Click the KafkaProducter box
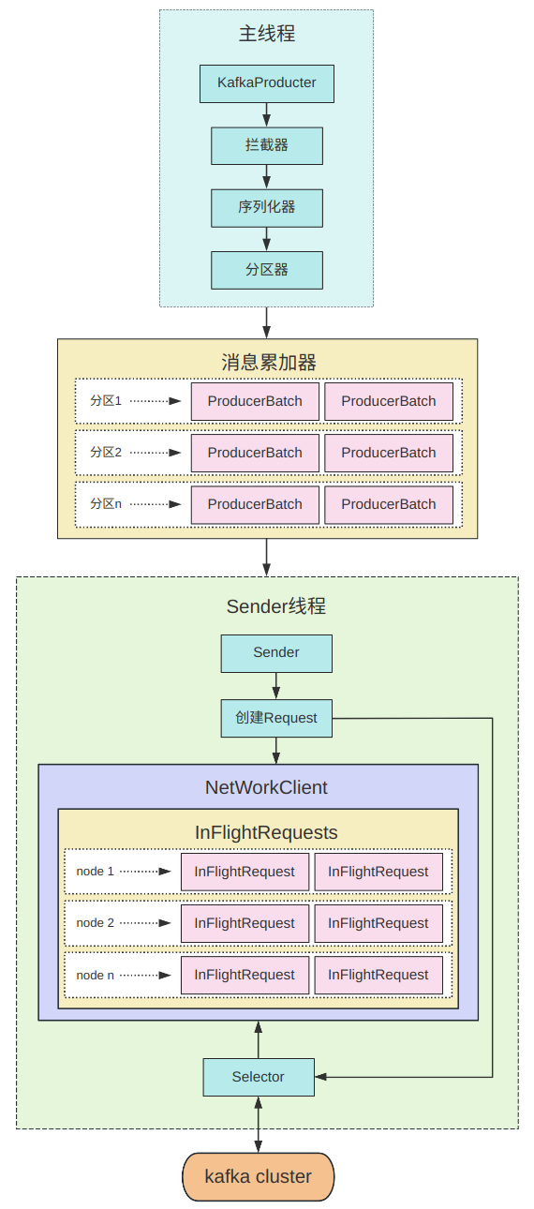click(266, 83)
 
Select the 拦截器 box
click(266, 145)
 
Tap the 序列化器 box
click(266, 208)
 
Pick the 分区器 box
click(266, 270)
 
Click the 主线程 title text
click(266, 34)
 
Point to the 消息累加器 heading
click(268, 362)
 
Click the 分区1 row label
click(106, 400)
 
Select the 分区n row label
click(106, 503)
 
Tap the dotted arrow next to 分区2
click(156, 453)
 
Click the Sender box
click(276, 653)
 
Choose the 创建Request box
click(276, 718)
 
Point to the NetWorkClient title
click(266, 787)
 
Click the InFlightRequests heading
click(266, 832)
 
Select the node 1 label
click(95, 871)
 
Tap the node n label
click(95, 975)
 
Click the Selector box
click(259, 1077)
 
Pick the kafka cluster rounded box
click(258, 1176)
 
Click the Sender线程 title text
click(275, 606)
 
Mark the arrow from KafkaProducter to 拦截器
click(266, 115)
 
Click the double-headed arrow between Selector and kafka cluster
click(259, 1125)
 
